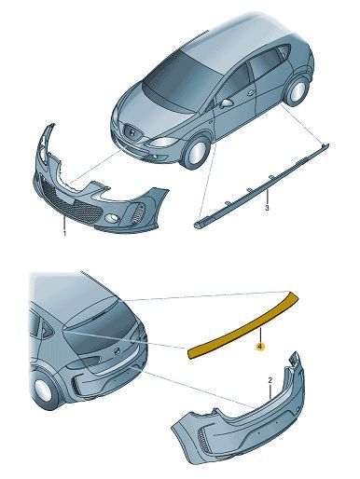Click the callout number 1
point(65,233)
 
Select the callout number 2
point(270,380)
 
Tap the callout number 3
point(267,208)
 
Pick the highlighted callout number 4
point(260,346)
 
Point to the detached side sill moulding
point(261,185)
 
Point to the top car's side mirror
point(227,103)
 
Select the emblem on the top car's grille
point(132,132)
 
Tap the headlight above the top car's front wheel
point(164,142)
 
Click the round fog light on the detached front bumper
point(111,219)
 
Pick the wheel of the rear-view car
point(44,390)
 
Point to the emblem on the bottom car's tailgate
point(118,351)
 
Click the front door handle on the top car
point(251,92)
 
